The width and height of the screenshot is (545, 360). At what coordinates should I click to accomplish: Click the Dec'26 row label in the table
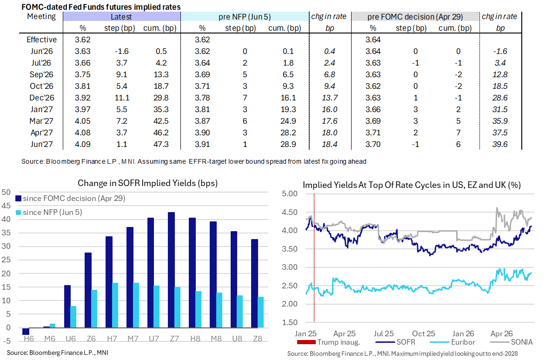[x=41, y=98]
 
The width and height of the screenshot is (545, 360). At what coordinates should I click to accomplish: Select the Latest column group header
[x=121, y=16]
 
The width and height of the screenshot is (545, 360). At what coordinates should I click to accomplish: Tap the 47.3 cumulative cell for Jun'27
[x=161, y=144]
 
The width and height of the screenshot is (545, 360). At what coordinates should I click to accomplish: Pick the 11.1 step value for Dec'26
[x=122, y=98]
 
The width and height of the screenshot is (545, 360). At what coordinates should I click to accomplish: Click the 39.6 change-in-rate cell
[x=500, y=144]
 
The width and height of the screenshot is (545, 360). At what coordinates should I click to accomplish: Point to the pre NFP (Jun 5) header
[x=244, y=16]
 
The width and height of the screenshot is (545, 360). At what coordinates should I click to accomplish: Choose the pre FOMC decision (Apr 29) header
[x=415, y=16]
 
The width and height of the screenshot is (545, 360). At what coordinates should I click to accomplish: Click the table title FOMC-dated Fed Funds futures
[x=101, y=7]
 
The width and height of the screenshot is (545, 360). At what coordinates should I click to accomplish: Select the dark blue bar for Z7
[x=171, y=270]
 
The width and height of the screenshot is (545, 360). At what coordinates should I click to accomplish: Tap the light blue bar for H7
[x=115, y=305]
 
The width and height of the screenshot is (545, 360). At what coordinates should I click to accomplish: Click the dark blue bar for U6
[x=67, y=307]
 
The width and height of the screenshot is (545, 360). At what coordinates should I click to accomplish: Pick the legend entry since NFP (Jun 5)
[x=49, y=212]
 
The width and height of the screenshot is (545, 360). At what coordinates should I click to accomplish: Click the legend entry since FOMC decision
[x=71, y=199]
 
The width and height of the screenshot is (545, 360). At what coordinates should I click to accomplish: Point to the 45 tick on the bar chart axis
[x=6, y=206]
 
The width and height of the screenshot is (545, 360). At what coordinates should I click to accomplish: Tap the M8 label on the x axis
[x=216, y=339]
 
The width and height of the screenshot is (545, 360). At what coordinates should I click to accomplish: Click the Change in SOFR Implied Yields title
[x=148, y=183]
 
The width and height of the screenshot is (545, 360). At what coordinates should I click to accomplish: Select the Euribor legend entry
[x=452, y=342]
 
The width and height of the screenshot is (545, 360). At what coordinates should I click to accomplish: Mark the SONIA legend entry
[x=511, y=342]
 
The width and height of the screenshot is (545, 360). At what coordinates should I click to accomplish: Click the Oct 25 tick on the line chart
[x=423, y=333]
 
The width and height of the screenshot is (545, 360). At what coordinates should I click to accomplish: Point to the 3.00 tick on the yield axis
[x=290, y=267]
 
